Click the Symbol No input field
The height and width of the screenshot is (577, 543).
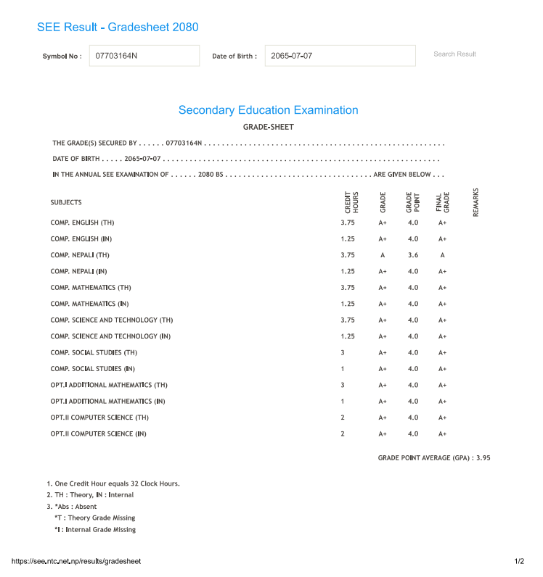144,56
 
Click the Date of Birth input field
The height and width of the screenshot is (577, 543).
340,56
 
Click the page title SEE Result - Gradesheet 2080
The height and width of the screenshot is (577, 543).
118,28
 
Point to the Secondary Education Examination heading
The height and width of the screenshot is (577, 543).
268,110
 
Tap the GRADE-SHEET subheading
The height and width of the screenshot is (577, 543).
268,127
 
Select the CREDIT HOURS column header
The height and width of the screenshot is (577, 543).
351,202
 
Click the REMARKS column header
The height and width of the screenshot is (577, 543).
476,202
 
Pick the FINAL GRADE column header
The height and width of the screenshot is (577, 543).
442,202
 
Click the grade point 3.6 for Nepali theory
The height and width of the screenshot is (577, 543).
413,255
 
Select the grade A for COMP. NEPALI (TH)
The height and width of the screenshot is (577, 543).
383,255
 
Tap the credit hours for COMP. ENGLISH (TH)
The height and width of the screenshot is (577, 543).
348,223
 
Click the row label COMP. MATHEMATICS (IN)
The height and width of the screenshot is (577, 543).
90,304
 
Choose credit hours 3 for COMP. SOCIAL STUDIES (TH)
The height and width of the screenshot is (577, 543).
343,352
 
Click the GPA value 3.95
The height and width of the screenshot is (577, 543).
483,458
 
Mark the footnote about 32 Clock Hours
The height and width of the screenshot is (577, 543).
113,483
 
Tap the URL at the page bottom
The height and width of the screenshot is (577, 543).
76,562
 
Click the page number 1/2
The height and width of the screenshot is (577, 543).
519,562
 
